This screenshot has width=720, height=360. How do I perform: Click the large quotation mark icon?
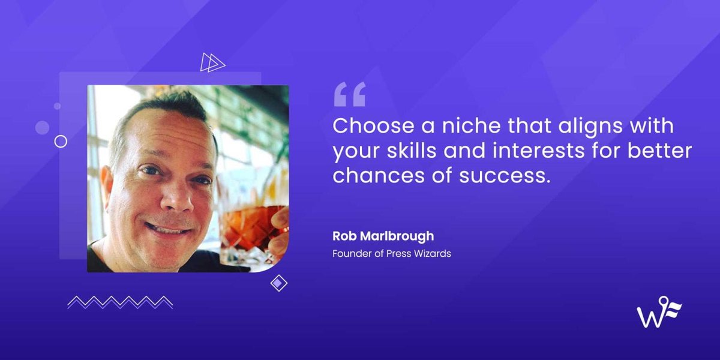pos(349,95)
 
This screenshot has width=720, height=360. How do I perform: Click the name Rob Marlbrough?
pos(383,236)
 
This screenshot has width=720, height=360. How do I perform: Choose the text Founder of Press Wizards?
pos(391,254)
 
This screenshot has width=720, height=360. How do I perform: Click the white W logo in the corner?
pos(659,312)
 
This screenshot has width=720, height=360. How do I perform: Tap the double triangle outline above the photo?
pos(212,62)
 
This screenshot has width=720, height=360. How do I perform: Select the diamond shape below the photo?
pos(278,283)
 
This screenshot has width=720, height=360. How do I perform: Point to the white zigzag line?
pos(120,302)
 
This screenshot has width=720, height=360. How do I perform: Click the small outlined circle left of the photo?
pos(61,141)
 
